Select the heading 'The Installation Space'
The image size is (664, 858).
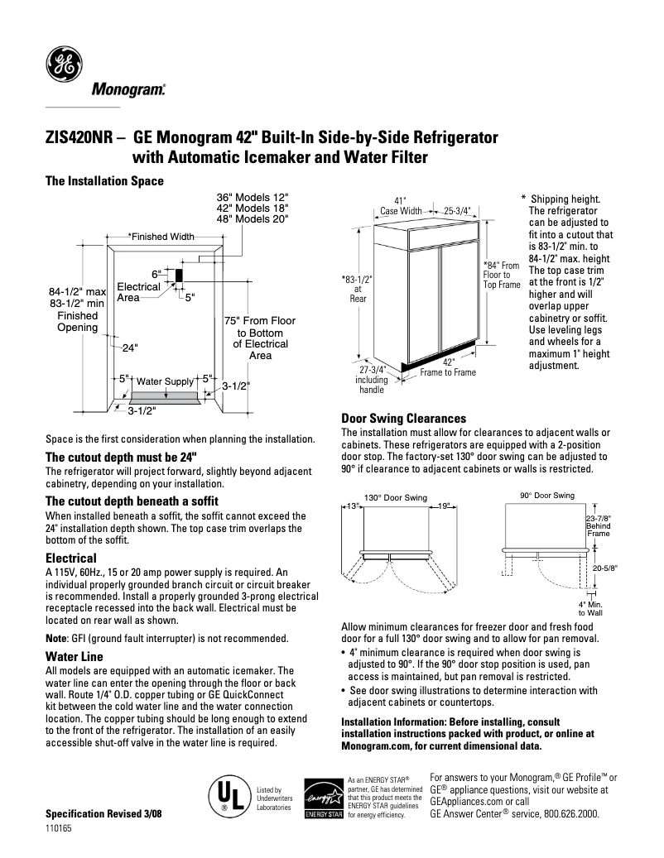[x=103, y=180]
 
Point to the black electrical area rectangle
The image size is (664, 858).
[x=177, y=274]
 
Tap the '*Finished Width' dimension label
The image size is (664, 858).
[x=161, y=237]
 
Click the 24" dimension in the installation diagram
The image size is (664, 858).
[x=130, y=348]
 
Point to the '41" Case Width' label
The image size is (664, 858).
[x=401, y=206]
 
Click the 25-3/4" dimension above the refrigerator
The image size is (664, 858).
[x=456, y=210]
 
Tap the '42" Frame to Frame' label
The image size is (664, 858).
[x=448, y=367]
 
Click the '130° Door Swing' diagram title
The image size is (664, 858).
[x=396, y=498]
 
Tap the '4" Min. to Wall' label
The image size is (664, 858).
[x=589, y=608]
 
